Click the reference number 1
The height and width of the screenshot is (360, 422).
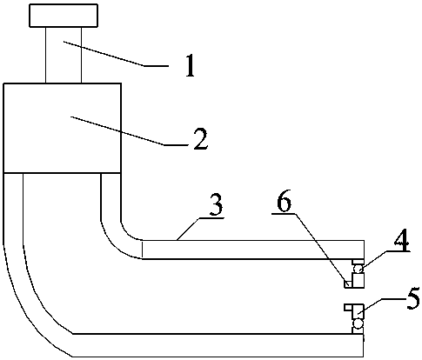pos(190,66)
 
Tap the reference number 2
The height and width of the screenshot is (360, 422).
pos(201,138)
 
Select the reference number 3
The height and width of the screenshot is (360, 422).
pos(216,205)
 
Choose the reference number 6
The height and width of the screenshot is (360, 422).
pos(284,201)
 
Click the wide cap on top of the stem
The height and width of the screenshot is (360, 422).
pos(64,16)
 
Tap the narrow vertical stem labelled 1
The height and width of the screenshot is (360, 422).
pos(64,56)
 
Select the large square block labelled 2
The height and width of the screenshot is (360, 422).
pos(62,129)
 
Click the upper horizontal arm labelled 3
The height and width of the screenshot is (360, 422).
pos(253,250)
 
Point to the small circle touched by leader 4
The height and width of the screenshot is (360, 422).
pos(358,269)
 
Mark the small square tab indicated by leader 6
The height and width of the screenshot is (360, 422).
pos(348,283)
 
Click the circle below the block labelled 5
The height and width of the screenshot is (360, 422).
pos(358,323)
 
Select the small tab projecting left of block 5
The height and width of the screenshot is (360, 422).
pos(348,308)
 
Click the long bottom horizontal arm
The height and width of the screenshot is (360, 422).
pos(218,345)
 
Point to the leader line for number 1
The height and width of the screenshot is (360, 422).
pos(116,54)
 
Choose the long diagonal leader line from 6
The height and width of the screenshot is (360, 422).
pos(322,249)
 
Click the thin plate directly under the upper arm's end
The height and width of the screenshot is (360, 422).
pos(358,262)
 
